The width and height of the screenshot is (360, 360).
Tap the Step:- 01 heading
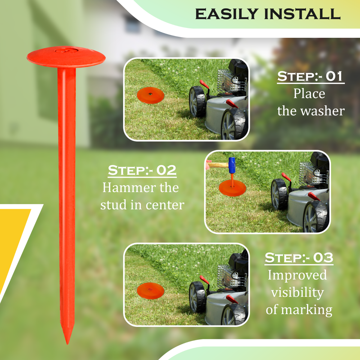(311, 77)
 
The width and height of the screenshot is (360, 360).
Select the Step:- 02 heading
(143, 170)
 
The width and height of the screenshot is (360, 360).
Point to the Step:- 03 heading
(299, 258)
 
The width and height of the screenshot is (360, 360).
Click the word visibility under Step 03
(297, 292)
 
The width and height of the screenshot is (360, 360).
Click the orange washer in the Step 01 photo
(150, 95)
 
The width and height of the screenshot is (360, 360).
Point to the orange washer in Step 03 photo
(150, 291)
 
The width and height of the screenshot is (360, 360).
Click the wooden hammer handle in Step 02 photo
(218, 165)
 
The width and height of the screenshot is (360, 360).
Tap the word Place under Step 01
(309, 94)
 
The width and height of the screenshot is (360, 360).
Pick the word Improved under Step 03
(297, 275)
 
